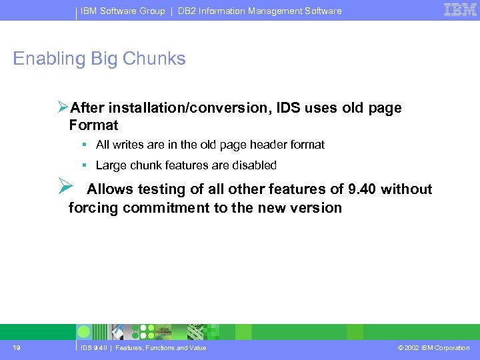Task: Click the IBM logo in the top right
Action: click(x=460, y=9)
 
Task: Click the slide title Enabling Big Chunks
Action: click(x=99, y=59)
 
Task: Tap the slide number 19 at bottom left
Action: click(x=15, y=347)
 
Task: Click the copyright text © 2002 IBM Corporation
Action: click(x=433, y=348)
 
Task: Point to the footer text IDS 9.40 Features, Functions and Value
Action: click(x=143, y=348)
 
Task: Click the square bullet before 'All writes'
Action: click(x=85, y=145)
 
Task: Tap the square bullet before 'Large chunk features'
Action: click(x=85, y=165)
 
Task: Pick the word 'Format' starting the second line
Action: click(x=93, y=125)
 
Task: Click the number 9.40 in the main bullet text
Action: click(x=358, y=189)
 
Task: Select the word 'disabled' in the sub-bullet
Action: click(x=253, y=165)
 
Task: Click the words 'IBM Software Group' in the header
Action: click(x=123, y=11)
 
